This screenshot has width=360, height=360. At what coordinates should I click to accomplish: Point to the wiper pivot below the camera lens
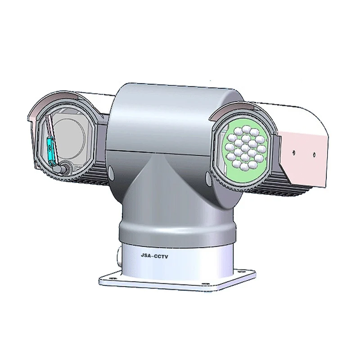pyautogui.click(x=66, y=168)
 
